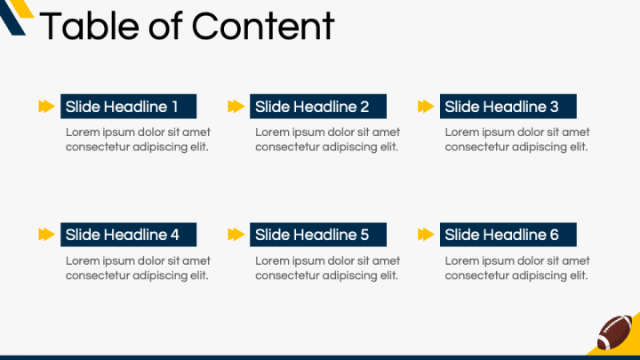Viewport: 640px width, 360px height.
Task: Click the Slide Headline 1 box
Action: click(x=128, y=107)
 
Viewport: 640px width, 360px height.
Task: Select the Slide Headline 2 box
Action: click(x=318, y=107)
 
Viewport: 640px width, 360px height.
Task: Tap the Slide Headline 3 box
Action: click(x=508, y=107)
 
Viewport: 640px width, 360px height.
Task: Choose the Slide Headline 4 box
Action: click(x=128, y=235)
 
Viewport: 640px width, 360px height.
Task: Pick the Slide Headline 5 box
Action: click(x=318, y=235)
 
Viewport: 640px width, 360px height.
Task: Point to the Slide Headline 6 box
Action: click(x=508, y=235)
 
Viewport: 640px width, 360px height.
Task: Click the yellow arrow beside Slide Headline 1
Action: click(x=46, y=107)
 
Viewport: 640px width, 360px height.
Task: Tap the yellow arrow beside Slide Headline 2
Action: click(x=236, y=107)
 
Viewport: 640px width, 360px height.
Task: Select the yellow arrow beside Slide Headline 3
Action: click(x=426, y=107)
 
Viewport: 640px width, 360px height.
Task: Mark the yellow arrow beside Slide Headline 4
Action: click(x=46, y=235)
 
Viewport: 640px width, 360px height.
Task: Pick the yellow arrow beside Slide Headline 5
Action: click(x=236, y=235)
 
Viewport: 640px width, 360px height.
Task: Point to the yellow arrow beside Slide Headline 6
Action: click(x=426, y=235)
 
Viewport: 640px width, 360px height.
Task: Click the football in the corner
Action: click(x=615, y=332)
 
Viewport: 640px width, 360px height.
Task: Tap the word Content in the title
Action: click(x=263, y=26)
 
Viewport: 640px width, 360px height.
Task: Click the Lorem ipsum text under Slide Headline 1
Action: click(x=138, y=140)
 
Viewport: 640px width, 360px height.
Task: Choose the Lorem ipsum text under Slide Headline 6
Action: click(x=517, y=268)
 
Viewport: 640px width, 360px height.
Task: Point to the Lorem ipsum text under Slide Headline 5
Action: click(x=327, y=268)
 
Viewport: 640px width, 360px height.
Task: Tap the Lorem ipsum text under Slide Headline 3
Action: click(x=517, y=140)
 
